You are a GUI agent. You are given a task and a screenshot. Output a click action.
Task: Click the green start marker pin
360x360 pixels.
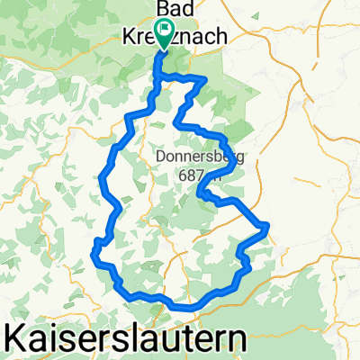click(x=164, y=35)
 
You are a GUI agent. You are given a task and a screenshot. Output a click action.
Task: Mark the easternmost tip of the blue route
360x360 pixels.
click(x=268, y=226)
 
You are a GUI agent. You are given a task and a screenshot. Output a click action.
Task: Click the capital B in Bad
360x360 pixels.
click(x=163, y=8)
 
